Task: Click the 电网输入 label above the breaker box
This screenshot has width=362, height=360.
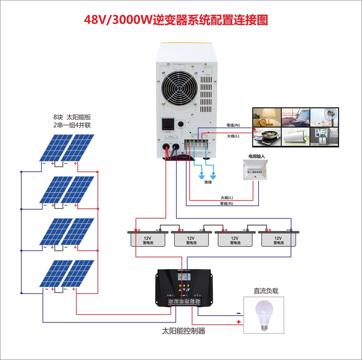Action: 256,156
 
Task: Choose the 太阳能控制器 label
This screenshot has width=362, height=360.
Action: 184,331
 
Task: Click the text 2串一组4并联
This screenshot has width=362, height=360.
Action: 72,125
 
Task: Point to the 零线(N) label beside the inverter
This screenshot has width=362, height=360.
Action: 233,125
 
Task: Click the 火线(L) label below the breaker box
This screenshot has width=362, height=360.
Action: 226,197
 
